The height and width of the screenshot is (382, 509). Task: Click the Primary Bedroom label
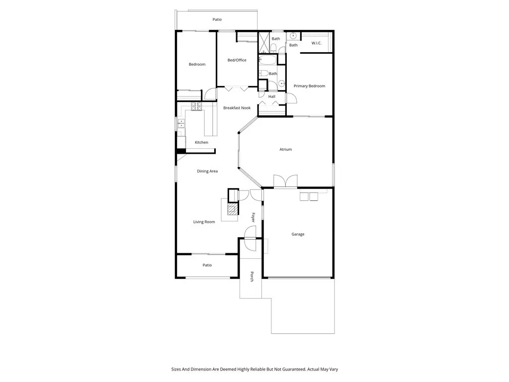pos(309,86)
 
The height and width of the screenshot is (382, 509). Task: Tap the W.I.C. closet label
pos(317,43)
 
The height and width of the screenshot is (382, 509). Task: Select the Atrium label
pos(285,149)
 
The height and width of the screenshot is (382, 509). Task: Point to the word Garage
pos(298,234)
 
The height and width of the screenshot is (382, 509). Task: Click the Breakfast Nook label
pos(237,107)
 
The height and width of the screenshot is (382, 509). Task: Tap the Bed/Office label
pos(237,60)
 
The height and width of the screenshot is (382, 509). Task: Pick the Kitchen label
pos(201,143)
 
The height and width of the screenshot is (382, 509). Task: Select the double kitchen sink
pos(181,124)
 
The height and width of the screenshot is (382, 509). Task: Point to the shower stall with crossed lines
pos(263,43)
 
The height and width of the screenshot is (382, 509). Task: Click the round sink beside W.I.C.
pos(293,36)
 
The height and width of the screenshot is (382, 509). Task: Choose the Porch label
pos(252,277)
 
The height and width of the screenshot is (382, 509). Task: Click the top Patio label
pos(217,20)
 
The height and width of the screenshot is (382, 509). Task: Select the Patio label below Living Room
pos(207,265)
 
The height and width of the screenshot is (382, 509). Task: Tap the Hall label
pos(272,96)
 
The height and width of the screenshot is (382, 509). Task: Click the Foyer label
pos(253,217)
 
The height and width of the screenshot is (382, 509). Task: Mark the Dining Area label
pos(207,171)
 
